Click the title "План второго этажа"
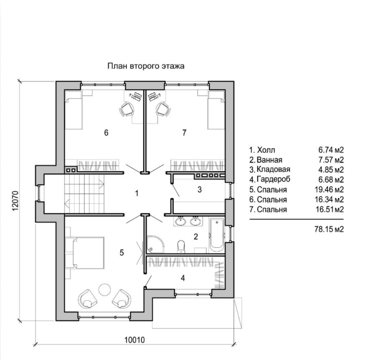146,66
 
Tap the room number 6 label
106,133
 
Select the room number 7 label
184,133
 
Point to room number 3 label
200,189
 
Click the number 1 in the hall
136,193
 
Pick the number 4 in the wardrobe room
183,277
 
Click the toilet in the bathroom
181,246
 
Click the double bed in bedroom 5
88,253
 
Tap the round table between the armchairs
104,289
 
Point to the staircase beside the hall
84,194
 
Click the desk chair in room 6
127,110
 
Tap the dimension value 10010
135,340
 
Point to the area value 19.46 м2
331,189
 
